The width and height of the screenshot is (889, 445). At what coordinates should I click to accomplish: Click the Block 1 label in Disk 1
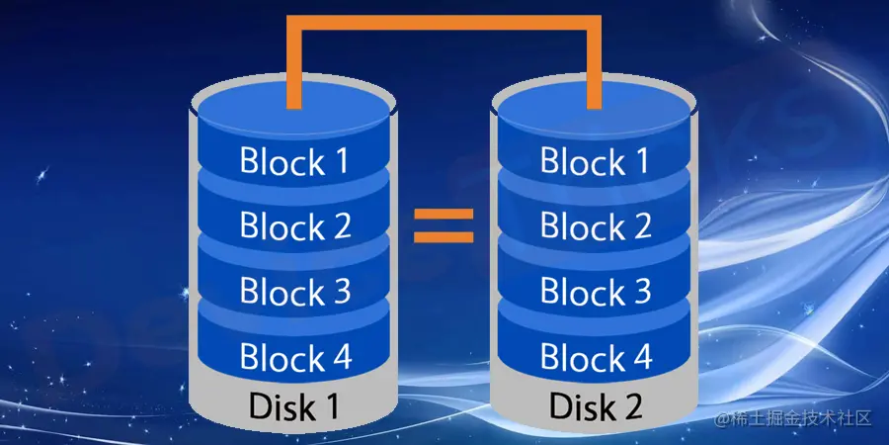pyautogui.click(x=294, y=161)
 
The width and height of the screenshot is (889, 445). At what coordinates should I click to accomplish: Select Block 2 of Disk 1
pyautogui.click(x=294, y=226)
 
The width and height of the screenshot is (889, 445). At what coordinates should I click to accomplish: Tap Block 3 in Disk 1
pyautogui.click(x=294, y=292)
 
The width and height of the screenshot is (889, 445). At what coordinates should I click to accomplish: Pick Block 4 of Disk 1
pyautogui.click(x=294, y=356)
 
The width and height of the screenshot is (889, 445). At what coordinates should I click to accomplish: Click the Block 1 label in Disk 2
pyautogui.click(x=595, y=161)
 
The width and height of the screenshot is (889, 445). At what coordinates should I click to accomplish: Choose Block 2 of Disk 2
pyautogui.click(x=595, y=226)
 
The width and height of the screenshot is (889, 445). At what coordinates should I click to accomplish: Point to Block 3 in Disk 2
pyautogui.click(x=595, y=292)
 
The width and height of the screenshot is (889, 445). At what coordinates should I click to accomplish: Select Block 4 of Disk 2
pyautogui.click(x=595, y=356)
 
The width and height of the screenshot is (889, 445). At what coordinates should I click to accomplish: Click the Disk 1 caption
pyautogui.click(x=294, y=406)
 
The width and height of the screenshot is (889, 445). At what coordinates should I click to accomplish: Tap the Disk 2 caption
pyautogui.click(x=595, y=406)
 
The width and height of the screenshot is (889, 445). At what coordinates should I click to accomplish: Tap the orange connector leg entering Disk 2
pyautogui.click(x=593, y=69)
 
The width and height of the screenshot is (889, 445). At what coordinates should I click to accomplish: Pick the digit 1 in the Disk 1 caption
pyautogui.click(x=336, y=406)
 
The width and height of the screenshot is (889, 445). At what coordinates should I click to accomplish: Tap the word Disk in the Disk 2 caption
pyautogui.click(x=580, y=406)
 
